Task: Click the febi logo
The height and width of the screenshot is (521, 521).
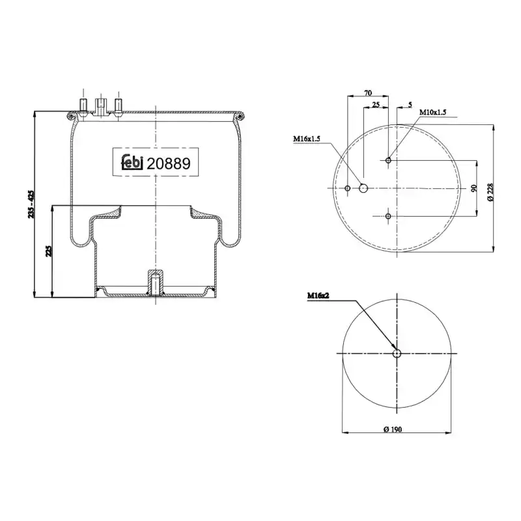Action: coord(132,162)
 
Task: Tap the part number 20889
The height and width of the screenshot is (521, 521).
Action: coord(169,163)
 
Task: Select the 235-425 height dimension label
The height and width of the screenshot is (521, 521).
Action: coord(31,204)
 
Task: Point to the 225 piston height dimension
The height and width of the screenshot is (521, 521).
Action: coord(48,251)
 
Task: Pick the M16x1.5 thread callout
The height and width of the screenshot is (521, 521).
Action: coord(306,139)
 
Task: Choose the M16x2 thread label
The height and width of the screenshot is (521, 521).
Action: coord(318,296)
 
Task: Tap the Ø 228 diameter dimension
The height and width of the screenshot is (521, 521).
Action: coord(490,192)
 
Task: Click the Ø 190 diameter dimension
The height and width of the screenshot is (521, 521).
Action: coord(393,429)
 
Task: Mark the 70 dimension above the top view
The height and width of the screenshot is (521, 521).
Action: coord(368,92)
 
